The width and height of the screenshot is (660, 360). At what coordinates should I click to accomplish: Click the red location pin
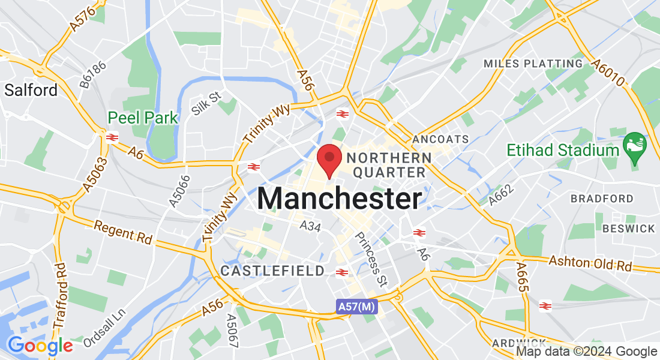point(329,158)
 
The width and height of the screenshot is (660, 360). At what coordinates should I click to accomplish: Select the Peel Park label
point(143,118)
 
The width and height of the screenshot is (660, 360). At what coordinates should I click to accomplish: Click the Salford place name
point(31,91)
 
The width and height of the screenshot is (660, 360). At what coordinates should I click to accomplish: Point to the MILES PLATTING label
point(533,64)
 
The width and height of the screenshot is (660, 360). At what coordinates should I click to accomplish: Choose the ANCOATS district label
point(440,139)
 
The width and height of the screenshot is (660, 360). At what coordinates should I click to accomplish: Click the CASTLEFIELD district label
point(272,271)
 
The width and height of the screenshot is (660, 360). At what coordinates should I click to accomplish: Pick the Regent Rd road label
point(124,232)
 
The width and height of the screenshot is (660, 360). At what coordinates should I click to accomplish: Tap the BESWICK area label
point(629,229)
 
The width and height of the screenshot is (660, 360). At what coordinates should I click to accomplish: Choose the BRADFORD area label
point(602,199)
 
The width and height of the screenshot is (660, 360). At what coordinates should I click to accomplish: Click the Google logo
point(40,346)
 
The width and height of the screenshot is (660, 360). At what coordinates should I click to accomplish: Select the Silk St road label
point(206,103)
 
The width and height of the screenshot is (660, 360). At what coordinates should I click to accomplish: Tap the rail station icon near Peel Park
point(111,137)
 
